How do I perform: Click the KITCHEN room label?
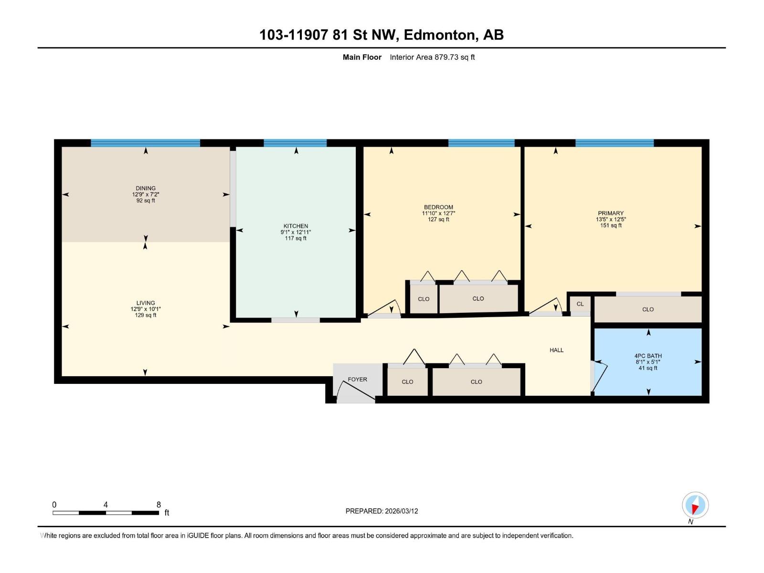click(296, 226)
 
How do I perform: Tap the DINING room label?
click(146, 188)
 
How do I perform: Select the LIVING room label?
click(146, 303)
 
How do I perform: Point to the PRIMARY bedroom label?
click(611, 213)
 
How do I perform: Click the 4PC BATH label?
click(648, 356)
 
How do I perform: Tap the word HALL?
click(556, 350)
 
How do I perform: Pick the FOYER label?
click(358, 379)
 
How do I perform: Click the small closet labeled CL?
click(580, 304)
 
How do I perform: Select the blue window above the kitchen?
click(295, 143)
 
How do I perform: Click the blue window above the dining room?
click(145, 143)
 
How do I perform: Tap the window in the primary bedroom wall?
click(615, 143)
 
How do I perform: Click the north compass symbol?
click(695, 505)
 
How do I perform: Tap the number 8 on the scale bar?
click(159, 504)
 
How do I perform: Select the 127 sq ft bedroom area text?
click(438, 220)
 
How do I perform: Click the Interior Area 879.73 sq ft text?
click(432, 57)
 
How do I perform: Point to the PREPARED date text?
click(382, 511)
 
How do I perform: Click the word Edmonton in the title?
click(440, 35)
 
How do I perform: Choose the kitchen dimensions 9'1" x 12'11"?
click(296, 232)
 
